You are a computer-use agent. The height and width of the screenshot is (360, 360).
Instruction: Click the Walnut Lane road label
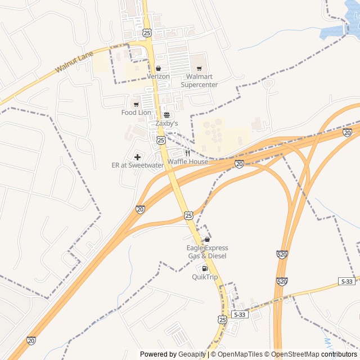tap(75, 62)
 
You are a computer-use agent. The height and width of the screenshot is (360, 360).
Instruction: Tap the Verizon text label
tap(158, 76)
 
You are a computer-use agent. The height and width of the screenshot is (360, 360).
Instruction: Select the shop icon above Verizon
tap(159, 69)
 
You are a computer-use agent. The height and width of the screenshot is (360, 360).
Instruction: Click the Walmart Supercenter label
tap(199, 80)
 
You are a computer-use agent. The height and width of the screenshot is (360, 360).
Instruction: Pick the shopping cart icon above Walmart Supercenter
tap(199, 69)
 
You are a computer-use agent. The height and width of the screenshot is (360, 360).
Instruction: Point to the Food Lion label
tap(136, 112)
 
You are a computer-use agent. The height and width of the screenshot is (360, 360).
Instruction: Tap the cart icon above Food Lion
tap(136, 104)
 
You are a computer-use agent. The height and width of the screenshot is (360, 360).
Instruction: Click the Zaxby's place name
tap(166, 123)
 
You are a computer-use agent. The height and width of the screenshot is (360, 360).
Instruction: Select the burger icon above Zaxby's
tap(166, 115)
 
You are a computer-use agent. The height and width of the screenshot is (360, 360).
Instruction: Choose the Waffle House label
tap(187, 162)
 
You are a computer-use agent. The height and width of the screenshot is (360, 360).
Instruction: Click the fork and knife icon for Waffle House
tap(187, 153)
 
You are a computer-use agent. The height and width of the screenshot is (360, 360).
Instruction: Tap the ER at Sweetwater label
tap(138, 165)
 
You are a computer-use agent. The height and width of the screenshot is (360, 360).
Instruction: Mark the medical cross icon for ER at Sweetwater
tap(138, 156)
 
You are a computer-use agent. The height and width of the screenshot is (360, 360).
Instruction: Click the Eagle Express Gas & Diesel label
tap(208, 252)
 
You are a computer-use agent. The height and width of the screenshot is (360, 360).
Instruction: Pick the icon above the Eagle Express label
tap(208, 240)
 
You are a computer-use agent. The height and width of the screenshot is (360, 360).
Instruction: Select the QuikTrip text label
tap(205, 277)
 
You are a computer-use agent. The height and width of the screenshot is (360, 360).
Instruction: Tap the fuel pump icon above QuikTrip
tap(205, 268)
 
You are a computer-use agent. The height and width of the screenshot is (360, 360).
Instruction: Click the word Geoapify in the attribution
tap(192, 354)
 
